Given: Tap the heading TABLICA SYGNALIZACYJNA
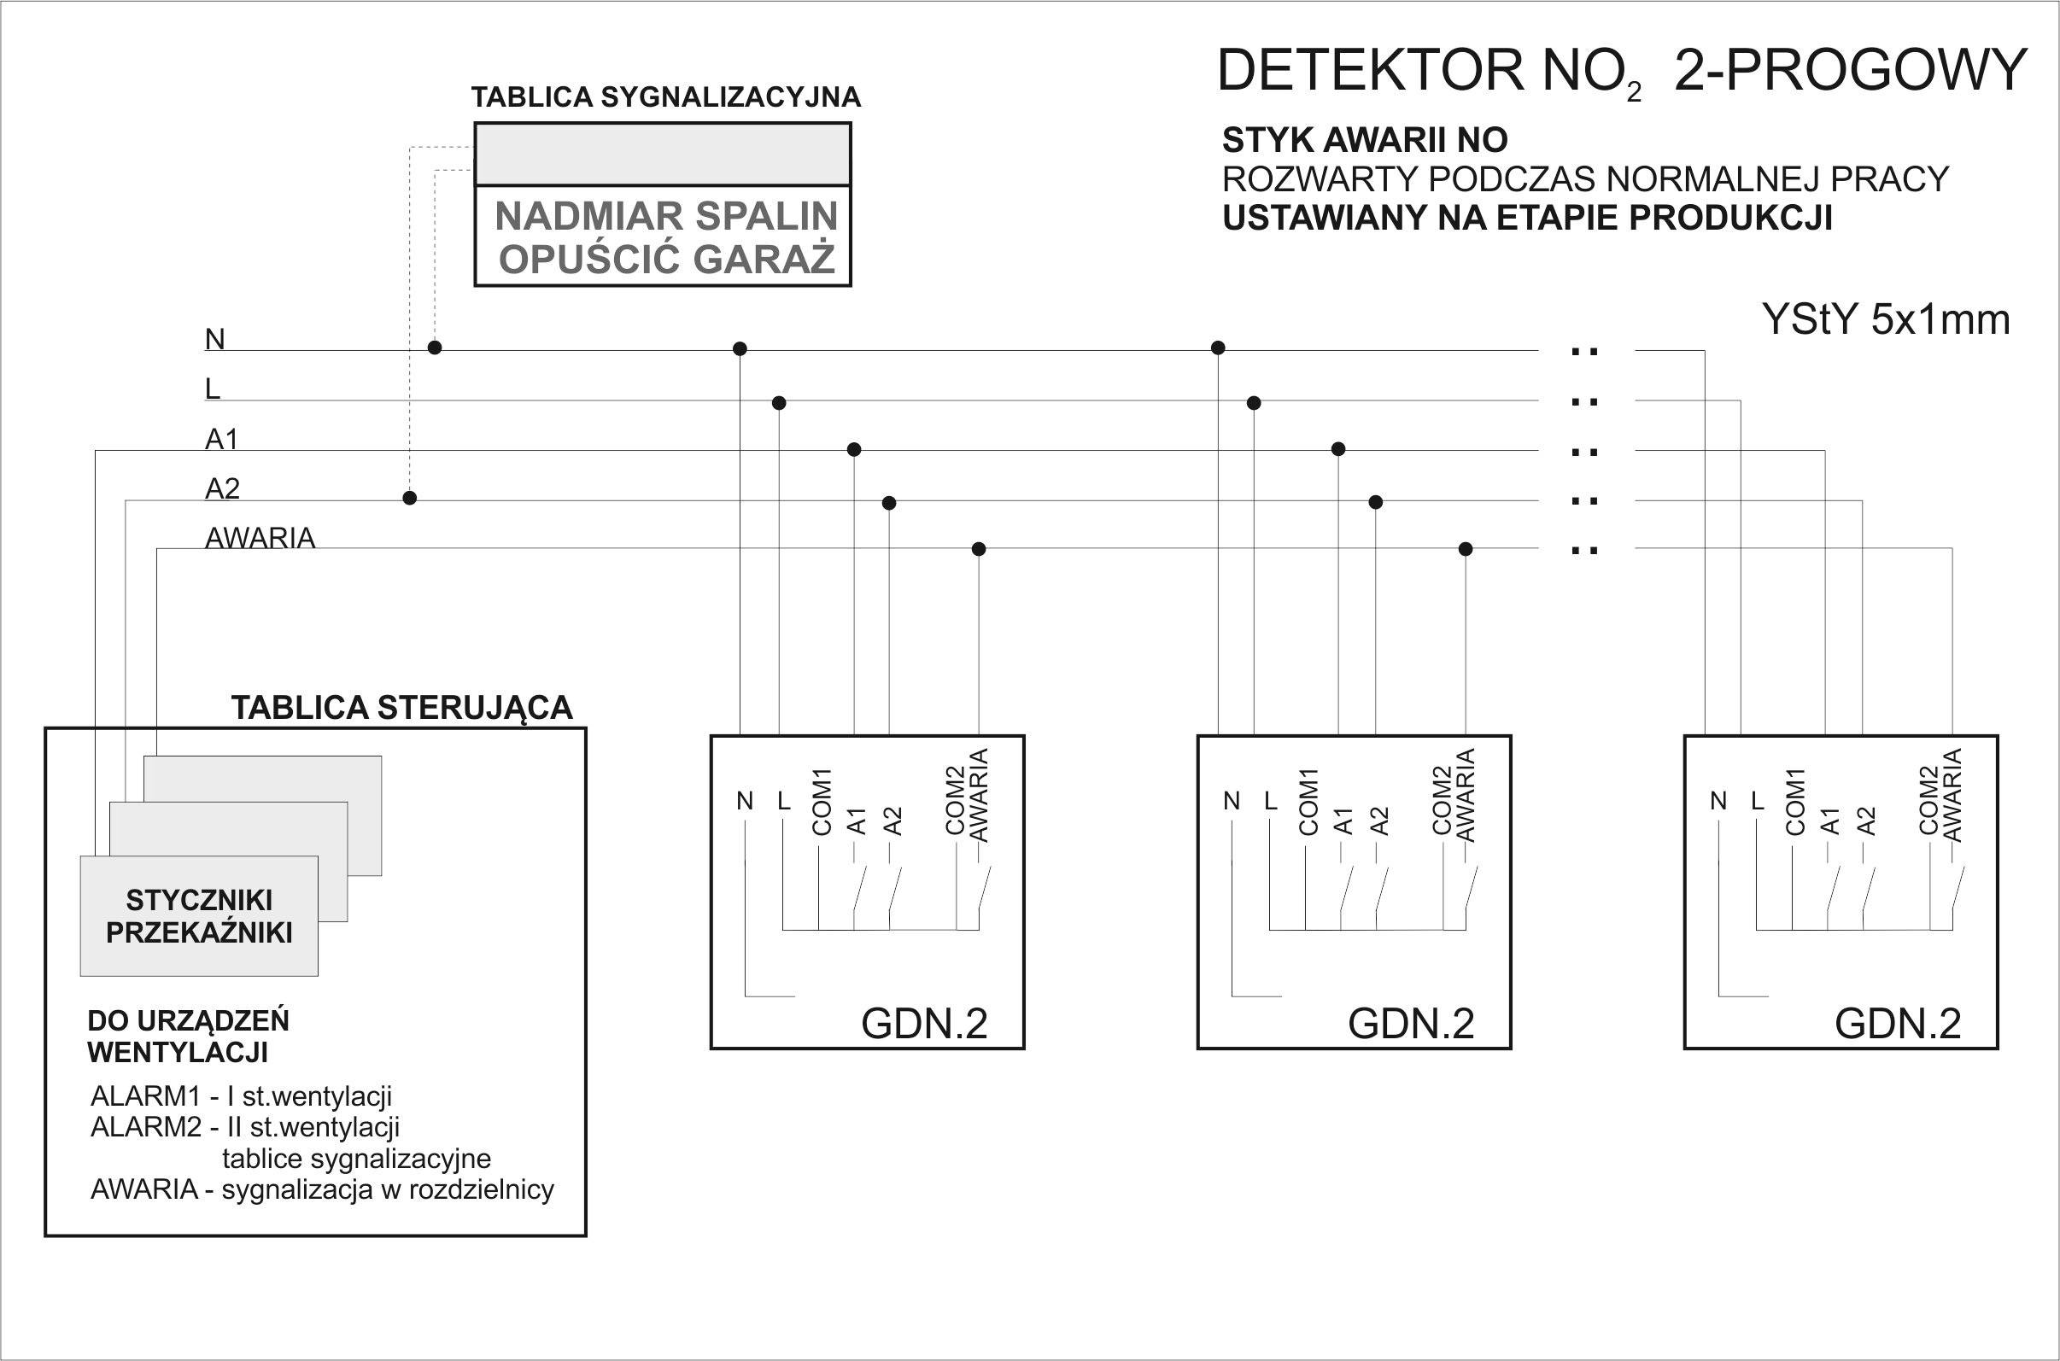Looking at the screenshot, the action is coord(666,97).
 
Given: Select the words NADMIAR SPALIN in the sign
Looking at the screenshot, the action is coord(666,215).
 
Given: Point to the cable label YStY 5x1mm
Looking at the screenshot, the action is coord(1886,319).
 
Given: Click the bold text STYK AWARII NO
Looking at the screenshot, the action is coord(1365,140).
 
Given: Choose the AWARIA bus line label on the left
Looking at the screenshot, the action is coord(260,538).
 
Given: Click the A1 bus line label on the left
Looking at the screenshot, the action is coord(221,440).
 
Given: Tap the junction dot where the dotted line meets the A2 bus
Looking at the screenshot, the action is coord(410,499).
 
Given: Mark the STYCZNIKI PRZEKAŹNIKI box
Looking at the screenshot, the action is coord(199,915).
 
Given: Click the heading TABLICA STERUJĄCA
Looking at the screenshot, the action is coord(402,708).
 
